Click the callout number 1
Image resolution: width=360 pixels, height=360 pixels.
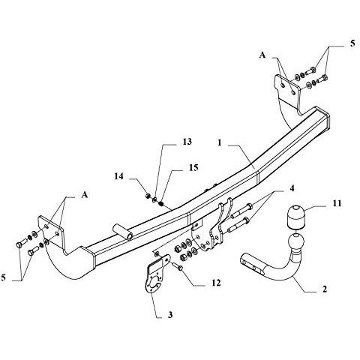[219, 142]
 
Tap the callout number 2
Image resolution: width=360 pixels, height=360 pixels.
[325, 289]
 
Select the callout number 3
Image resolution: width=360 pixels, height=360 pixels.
[170, 315]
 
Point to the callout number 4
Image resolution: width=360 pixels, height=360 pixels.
[292, 188]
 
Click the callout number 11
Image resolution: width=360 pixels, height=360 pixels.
[337, 203]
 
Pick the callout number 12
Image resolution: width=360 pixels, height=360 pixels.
[216, 283]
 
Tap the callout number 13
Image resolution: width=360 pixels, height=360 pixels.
[187, 142]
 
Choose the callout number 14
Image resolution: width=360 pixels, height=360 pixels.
[118, 176]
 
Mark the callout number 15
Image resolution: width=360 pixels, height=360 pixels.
[193, 167]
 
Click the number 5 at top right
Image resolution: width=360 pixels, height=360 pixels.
[352, 43]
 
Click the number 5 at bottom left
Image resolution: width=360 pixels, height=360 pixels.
[3, 277]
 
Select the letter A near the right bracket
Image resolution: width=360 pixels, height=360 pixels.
[262, 55]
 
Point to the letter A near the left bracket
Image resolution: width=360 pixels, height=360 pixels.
[85, 194]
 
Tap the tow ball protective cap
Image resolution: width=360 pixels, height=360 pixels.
[296, 217]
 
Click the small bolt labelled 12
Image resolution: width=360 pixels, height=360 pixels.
[178, 267]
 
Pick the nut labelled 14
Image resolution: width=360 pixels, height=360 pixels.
[148, 195]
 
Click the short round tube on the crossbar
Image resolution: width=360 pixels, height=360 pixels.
[123, 232]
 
